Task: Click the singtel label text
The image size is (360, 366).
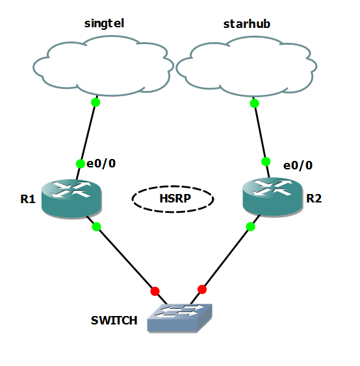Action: pos(104,24)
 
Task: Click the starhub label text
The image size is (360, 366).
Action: pos(246,24)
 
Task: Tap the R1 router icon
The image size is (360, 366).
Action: pos(71,197)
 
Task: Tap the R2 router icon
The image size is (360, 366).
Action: pos(272,197)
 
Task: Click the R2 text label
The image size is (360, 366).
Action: pos(314,199)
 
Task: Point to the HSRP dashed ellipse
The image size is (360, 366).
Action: pos(173,199)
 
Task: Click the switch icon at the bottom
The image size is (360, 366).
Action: pos(179,317)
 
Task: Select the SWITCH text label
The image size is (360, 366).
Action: pos(114,320)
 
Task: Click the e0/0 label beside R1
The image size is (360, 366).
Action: pos(101,164)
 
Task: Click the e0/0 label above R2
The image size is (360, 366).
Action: pos(298,165)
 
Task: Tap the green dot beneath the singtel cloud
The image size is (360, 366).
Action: pos(96,103)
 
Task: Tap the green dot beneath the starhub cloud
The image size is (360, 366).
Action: pos(254,103)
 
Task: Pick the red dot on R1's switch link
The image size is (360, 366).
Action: pos(155,291)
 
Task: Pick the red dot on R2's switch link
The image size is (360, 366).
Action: pos(202,289)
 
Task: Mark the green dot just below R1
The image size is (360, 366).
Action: pos(97,226)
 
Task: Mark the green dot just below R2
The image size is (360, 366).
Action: pos(250,226)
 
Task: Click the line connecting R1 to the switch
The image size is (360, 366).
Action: pos(125,258)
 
